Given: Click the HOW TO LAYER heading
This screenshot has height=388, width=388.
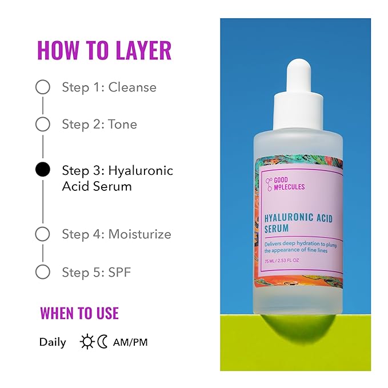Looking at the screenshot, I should click(104, 50).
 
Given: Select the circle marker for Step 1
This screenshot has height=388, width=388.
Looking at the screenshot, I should click(43, 87).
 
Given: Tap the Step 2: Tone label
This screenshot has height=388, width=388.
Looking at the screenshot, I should click(99, 124).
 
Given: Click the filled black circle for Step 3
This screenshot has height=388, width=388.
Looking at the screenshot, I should click(43, 170).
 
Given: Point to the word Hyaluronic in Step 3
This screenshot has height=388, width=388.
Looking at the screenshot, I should click(141, 170).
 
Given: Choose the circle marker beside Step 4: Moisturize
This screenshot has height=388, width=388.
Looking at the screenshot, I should click(43, 234).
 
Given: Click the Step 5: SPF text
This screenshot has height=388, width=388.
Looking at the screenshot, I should click(96, 271).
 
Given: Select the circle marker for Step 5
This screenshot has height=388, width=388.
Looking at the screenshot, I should click(43, 271).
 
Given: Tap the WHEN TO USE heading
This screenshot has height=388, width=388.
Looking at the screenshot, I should click(79, 313).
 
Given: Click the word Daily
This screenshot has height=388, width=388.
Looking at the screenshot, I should click(53, 342).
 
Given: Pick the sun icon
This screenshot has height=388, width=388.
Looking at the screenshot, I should click(87, 342).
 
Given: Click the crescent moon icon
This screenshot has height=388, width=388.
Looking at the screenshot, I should click(102, 342).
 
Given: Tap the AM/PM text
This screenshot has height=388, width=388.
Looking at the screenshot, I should click(131, 342).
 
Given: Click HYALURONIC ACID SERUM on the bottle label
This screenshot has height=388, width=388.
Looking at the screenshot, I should click(298, 223).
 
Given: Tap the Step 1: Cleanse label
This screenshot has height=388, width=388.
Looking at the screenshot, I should click(109, 87).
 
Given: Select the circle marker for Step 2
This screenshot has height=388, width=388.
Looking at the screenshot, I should click(43, 124).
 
